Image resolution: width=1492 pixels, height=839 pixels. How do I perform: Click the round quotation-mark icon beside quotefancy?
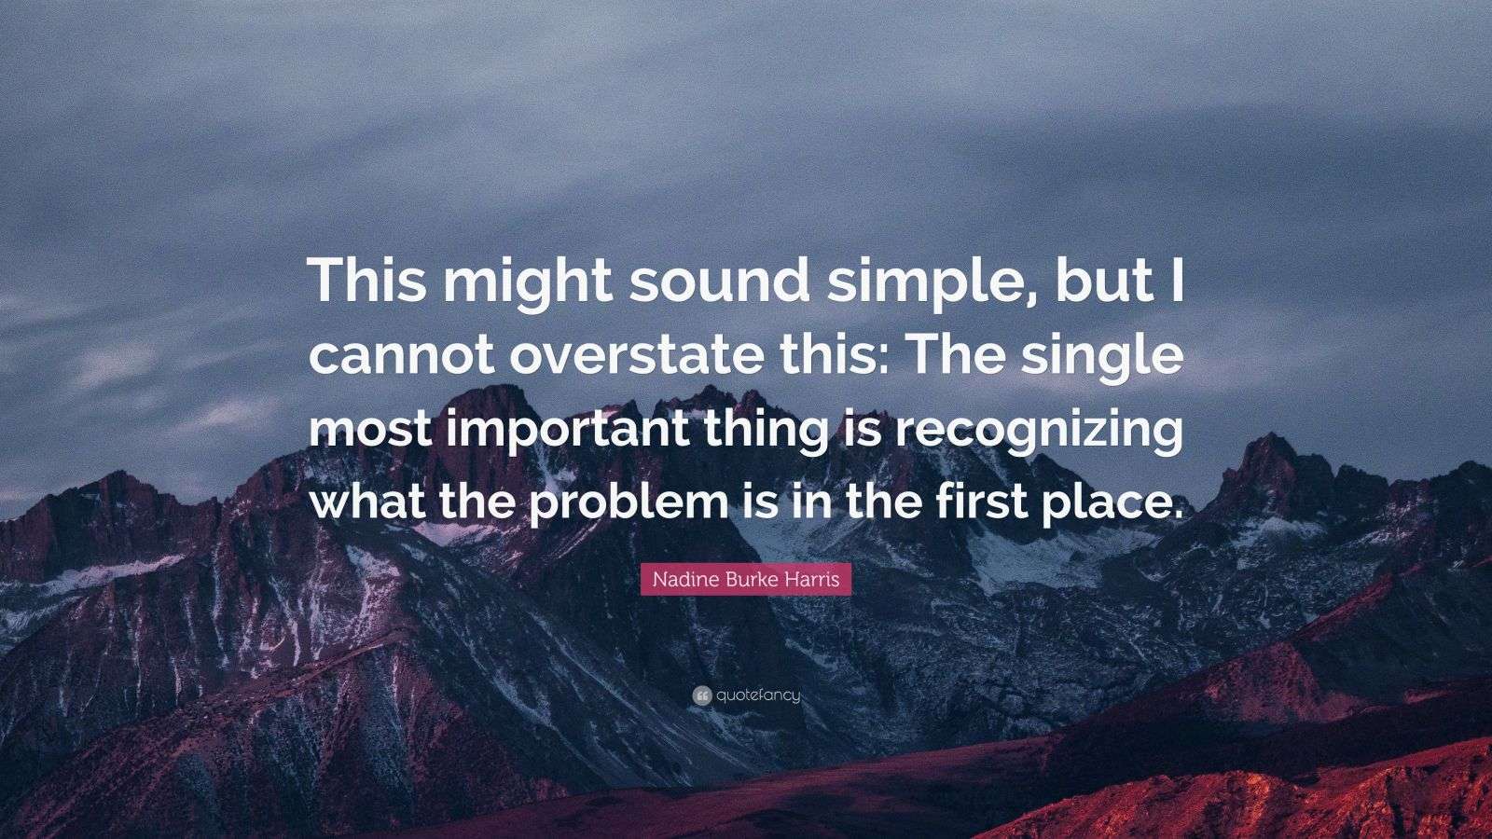(x=702, y=695)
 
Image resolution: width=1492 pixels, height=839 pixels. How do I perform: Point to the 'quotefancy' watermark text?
(x=758, y=695)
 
